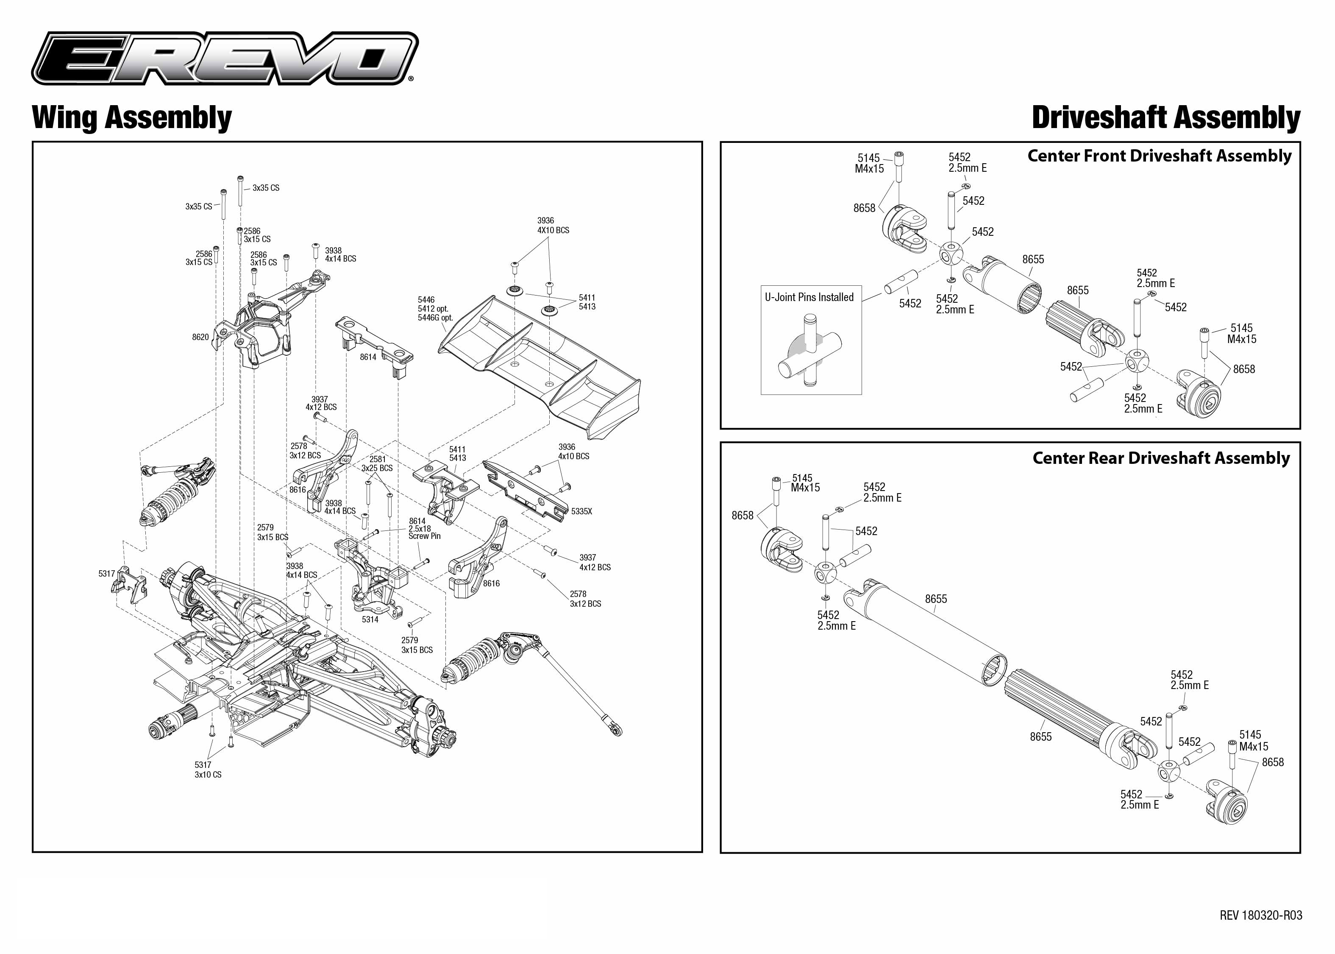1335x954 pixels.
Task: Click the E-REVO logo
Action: [x=225, y=59]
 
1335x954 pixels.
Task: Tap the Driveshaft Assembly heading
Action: [x=1165, y=117]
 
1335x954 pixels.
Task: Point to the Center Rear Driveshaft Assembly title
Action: [x=1161, y=458]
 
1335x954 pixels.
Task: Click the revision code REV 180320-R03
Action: [x=1260, y=915]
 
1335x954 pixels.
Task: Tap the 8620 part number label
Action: [x=200, y=337]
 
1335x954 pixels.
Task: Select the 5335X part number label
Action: [x=581, y=512]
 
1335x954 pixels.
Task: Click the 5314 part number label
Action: [x=370, y=620]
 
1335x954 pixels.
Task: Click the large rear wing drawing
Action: [x=540, y=364]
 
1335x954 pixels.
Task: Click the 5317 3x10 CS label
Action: [x=208, y=770]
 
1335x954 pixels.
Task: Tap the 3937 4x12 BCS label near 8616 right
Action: [x=595, y=562]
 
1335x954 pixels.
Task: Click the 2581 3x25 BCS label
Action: [x=377, y=463]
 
